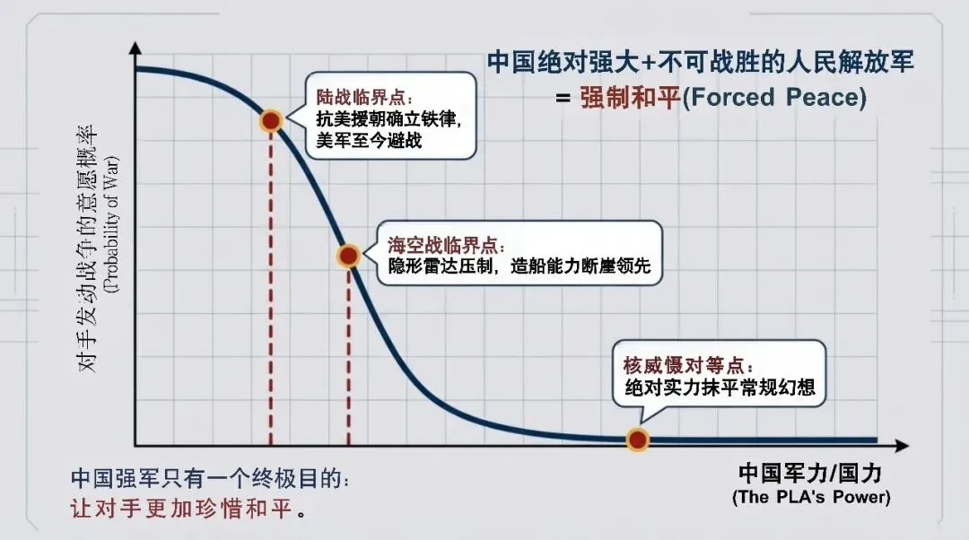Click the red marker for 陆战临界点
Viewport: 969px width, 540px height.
coord(271,120)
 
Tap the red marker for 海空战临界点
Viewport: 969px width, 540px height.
coord(348,256)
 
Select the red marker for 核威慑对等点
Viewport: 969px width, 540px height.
coord(637,440)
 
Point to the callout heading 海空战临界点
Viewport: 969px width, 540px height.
coord(446,244)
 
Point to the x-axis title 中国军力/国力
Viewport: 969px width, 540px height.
coord(808,474)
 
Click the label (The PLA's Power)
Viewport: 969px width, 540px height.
coord(810,496)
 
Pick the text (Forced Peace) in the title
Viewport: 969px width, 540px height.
coord(774,97)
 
